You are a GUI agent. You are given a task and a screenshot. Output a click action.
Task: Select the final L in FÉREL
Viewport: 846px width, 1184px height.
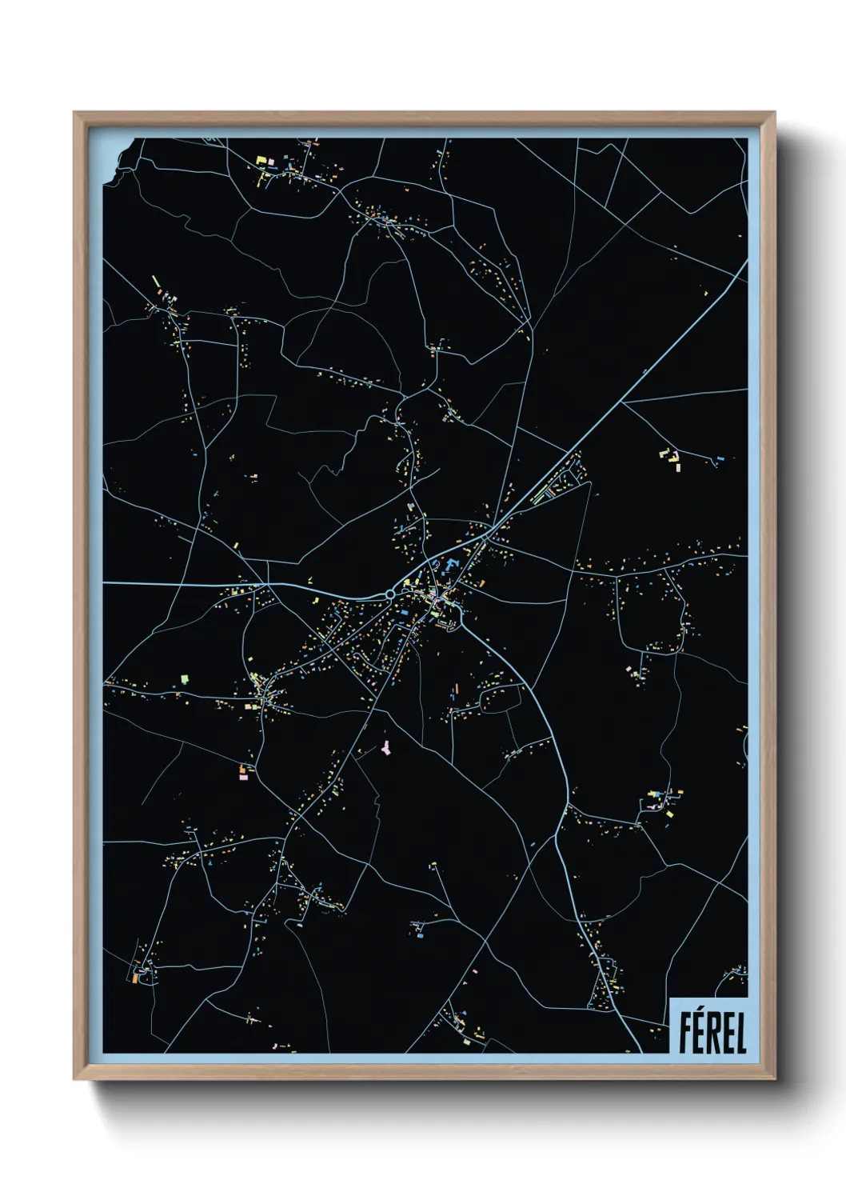(x=740, y=1033)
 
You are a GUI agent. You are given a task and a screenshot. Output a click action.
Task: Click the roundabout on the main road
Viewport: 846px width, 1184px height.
(x=389, y=594)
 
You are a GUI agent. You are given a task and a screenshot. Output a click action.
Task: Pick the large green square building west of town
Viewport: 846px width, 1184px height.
(x=185, y=678)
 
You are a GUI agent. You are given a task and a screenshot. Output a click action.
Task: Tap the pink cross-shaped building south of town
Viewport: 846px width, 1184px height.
(x=386, y=747)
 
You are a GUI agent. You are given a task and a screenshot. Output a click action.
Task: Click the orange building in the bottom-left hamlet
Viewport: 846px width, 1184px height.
(x=136, y=978)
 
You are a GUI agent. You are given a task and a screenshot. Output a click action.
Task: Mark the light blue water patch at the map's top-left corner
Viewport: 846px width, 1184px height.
(x=113, y=156)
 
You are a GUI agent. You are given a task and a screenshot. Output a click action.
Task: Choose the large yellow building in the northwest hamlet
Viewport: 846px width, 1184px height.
(x=261, y=161)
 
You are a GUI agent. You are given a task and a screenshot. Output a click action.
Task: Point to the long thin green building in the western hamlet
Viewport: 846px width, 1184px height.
(x=157, y=282)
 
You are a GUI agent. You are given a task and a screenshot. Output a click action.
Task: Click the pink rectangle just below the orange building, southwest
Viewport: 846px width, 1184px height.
(x=244, y=775)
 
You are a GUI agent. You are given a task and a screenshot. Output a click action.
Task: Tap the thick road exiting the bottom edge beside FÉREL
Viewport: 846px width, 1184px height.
(x=632, y=1036)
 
